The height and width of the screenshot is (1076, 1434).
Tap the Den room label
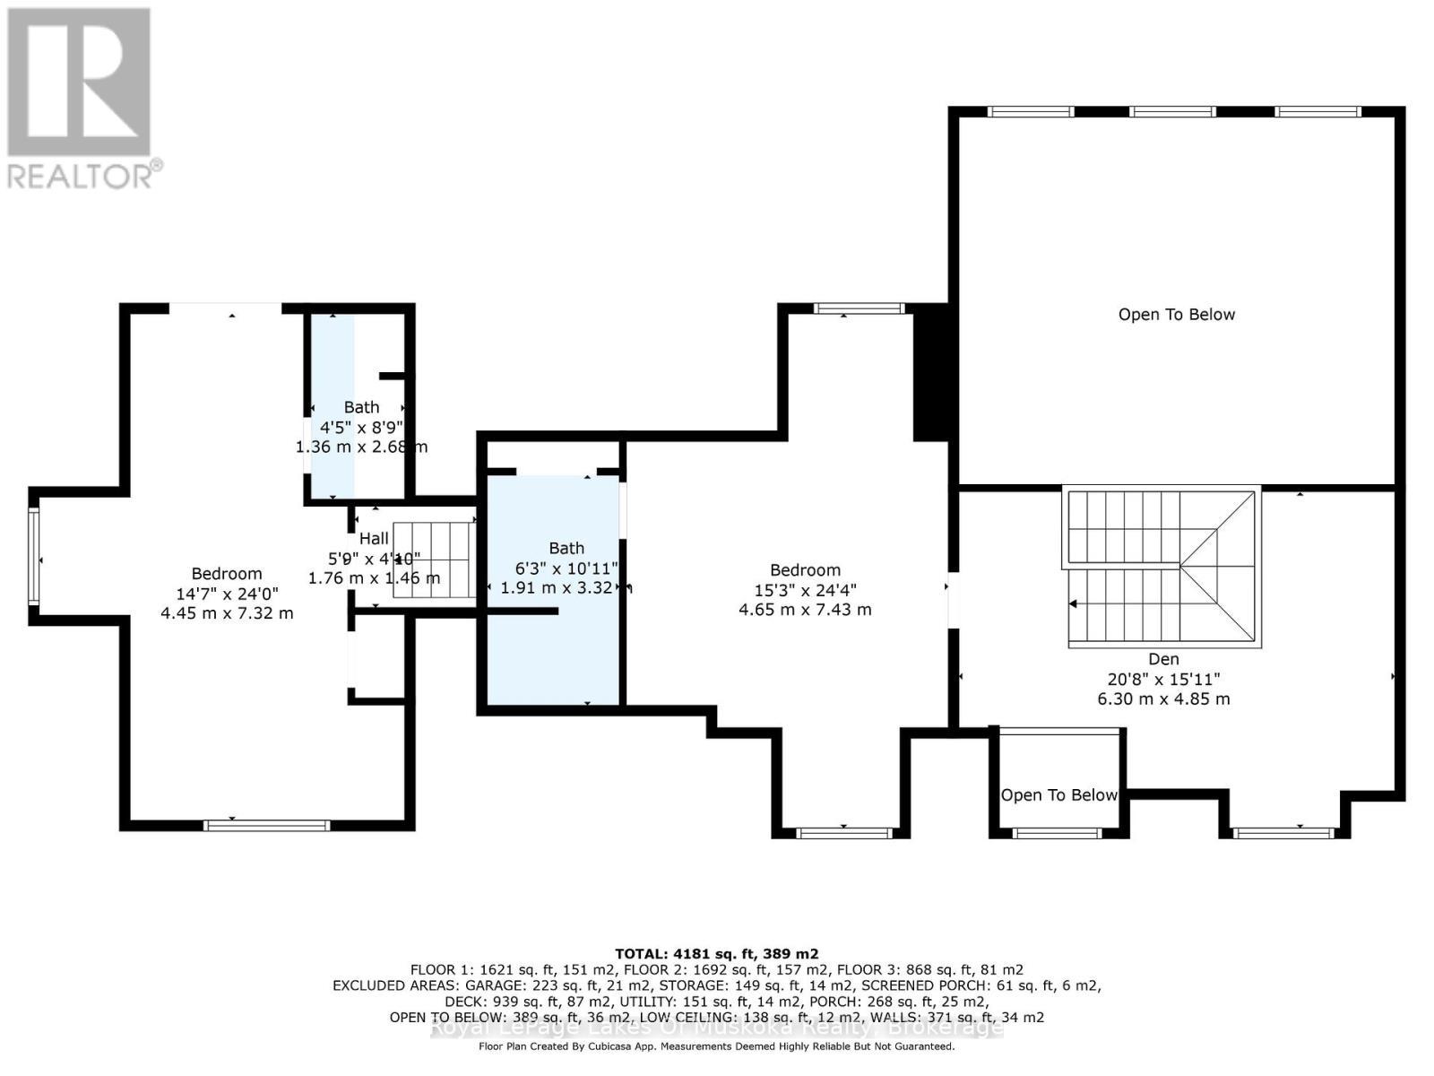1163,659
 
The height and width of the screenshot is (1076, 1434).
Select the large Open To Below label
1176,315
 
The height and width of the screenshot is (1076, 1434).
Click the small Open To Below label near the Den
1058,795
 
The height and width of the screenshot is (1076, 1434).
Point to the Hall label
374,539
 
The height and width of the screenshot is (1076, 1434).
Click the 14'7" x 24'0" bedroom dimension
227,594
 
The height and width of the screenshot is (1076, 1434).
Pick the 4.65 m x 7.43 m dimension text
804,610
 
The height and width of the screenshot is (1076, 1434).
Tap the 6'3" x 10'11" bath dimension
566,568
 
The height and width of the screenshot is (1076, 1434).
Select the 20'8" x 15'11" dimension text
1163,680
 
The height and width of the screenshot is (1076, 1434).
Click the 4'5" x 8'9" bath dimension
361,427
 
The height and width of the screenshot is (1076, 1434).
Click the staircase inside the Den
1162,567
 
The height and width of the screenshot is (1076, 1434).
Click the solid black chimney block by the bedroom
930,372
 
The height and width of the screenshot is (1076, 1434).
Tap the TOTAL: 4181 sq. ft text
716,954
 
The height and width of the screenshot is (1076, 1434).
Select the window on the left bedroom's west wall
33,556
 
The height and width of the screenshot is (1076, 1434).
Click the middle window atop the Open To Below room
1172,112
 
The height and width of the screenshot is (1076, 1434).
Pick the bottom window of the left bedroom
266,825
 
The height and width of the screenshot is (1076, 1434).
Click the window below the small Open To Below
1057,833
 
